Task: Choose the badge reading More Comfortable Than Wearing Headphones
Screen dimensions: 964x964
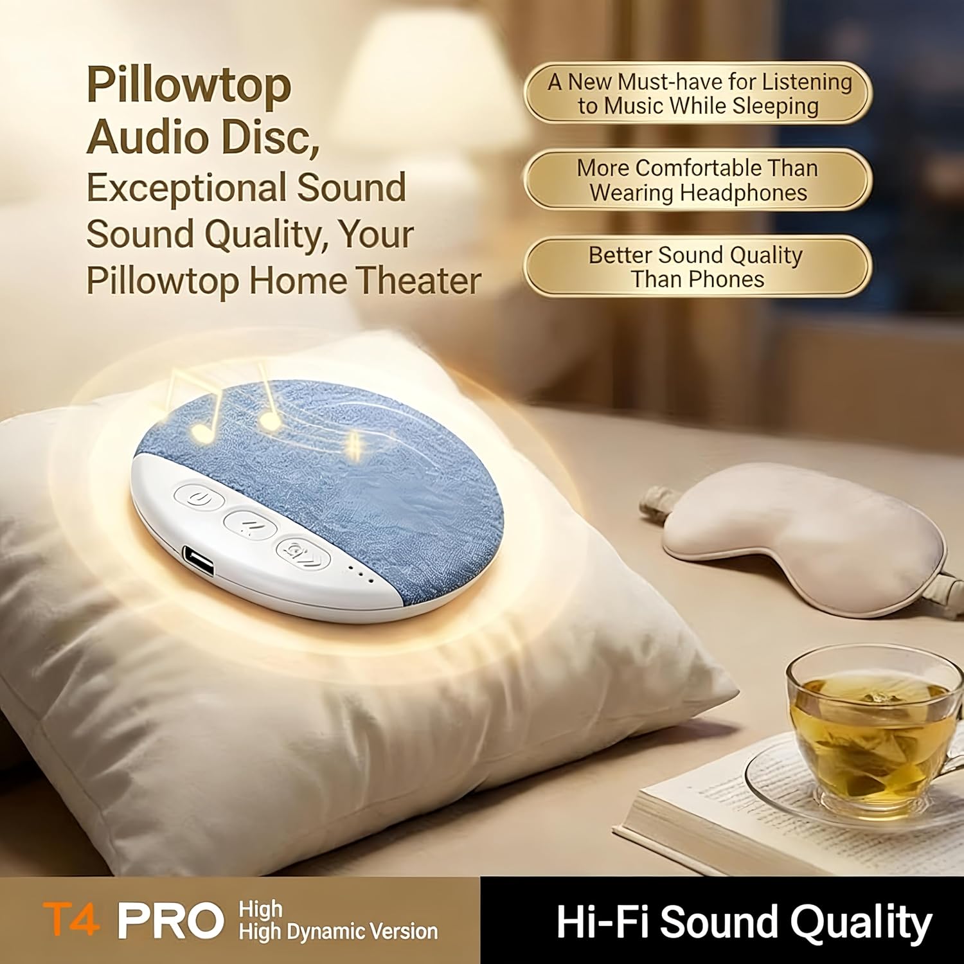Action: tap(698, 181)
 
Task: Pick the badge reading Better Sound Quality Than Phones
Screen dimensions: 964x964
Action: tap(697, 267)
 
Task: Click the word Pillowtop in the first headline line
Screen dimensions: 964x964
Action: tap(189, 85)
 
